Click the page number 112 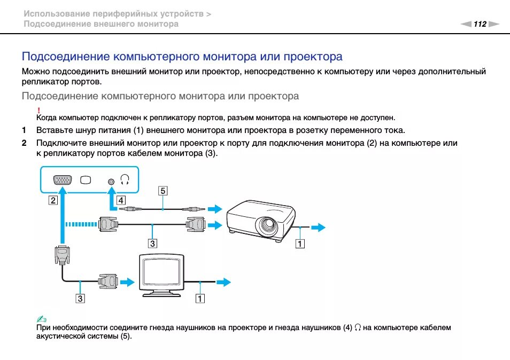pyautogui.click(x=480, y=24)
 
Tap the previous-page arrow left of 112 pyautogui.click(x=466, y=24)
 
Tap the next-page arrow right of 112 pyautogui.click(x=493, y=24)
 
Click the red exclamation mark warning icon pyautogui.click(x=39, y=109)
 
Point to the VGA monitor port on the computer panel pyautogui.click(x=63, y=180)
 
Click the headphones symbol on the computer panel pyautogui.click(x=126, y=179)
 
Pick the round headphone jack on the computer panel pyautogui.click(x=111, y=181)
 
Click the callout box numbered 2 pyautogui.click(x=52, y=200)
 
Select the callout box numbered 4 pyautogui.click(x=122, y=200)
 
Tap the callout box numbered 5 pyautogui.click(x=163, y=190)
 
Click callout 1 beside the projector pyautogui.click(x=300, y=244)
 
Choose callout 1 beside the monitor pyautogui.click(x=200, y=299)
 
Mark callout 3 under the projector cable pyautogui.click(x=153, y=244)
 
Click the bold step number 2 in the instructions pyautogui.click(x=24, y=143)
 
